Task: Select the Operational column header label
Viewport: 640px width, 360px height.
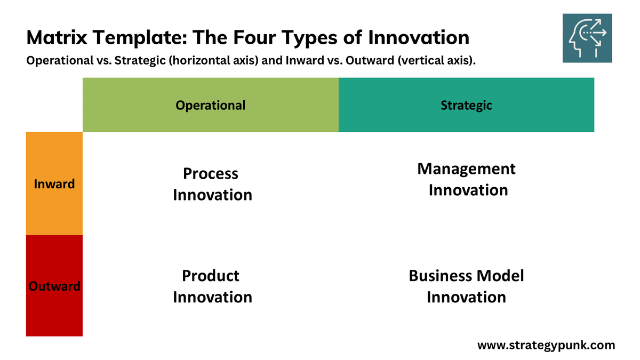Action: point(211,105)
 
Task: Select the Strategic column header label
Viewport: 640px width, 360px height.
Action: point(466,105)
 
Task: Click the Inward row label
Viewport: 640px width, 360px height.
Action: point(54,184)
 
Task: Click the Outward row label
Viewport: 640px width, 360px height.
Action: point(54,286)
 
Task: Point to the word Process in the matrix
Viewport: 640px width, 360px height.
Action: point(211,173)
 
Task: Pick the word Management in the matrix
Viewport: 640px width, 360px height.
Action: point(466,169)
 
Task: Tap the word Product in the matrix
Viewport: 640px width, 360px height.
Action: point(211,276)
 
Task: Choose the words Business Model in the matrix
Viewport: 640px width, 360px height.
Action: point(466,276)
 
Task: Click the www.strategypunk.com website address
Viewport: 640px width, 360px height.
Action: point(546,345)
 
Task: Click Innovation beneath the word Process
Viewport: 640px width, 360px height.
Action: point(212,195)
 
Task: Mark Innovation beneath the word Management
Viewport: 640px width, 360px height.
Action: point(468,190)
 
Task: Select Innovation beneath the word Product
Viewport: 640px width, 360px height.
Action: point(212,297)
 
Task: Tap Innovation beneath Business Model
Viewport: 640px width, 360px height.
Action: point(466,297)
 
